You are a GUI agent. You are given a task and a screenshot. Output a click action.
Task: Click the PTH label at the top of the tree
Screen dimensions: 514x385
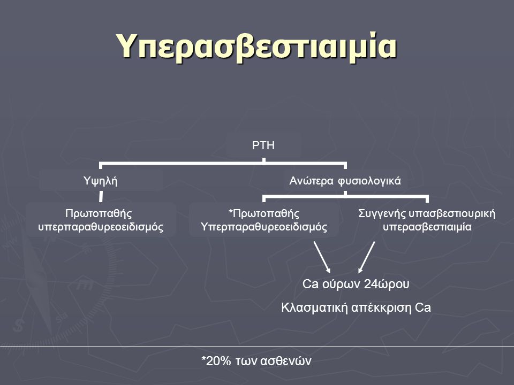[x=263, y=145]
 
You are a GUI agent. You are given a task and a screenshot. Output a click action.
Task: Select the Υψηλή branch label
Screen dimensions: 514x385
[x=100, y=181]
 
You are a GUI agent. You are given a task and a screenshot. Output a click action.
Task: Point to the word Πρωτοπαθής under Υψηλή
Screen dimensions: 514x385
[x=99, y=214]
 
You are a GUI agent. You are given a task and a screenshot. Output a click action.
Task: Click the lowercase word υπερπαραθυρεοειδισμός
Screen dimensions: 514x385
[x=101, y=227]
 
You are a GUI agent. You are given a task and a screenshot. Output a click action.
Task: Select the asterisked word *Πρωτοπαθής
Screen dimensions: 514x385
[x=264, y=214]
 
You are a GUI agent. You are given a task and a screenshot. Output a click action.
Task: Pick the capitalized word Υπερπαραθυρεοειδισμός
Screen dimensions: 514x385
[x=264, y=227]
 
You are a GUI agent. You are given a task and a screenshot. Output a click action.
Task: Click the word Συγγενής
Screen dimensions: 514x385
[x=382, y=214]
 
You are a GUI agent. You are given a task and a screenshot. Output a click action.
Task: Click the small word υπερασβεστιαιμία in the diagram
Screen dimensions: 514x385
[x=427, y=227]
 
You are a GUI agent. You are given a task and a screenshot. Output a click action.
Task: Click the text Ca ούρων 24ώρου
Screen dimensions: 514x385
[x=356, y=284]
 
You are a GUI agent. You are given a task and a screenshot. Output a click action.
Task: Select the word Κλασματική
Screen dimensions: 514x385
[x=314, y=308]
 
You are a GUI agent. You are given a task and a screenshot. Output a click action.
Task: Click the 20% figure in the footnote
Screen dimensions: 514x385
[x=218, y=361]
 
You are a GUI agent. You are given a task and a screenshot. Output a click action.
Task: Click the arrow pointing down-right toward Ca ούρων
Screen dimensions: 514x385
[x=322, y=257]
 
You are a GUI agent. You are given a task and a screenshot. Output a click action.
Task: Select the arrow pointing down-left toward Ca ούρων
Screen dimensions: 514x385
[x=366, y=257]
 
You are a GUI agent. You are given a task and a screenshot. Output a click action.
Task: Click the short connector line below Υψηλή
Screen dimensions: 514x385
[x=101, y=197]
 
